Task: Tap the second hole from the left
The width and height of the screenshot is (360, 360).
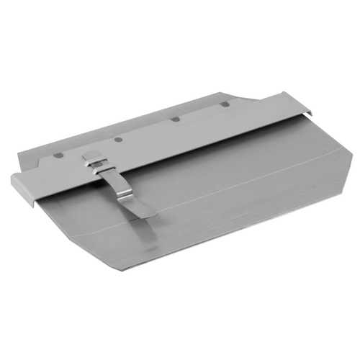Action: click(117, 138)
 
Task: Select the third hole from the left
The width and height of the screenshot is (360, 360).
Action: click(175, 119)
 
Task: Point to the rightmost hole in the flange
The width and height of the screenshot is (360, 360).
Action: click(225, 104)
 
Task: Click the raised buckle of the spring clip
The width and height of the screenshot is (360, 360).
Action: click(94, 162)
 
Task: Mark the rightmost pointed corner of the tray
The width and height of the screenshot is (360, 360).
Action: click(351, 153)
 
